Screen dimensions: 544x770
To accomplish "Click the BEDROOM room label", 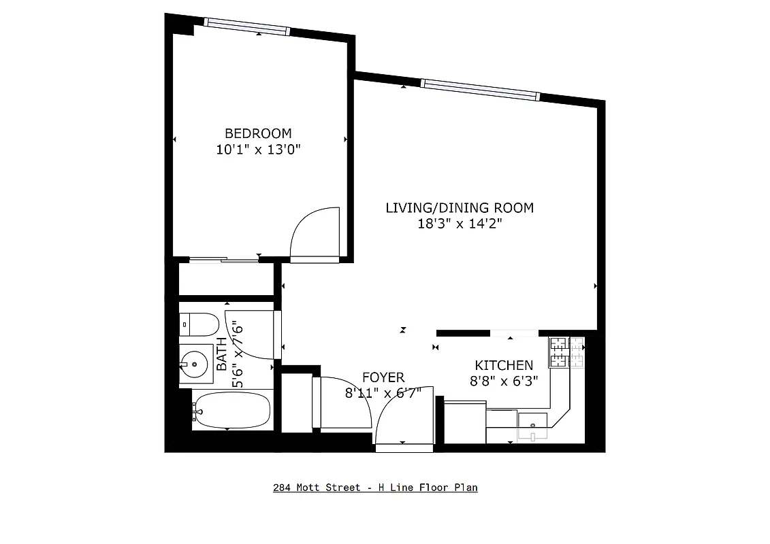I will pyautogui.click(x=258, y=133).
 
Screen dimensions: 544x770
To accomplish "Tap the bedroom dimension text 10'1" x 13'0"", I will pyautogui.click(x=258, y=150).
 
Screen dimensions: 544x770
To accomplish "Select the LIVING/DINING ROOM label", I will pyautogui.click(x=460, y=207).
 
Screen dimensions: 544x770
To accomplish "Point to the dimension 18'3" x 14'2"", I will pyautogui.click(x=460, y=223).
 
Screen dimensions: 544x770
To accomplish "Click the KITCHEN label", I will pyautogui.click(x=504, y=366).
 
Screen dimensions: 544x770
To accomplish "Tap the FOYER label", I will pyautogui.click(x=383, y=377).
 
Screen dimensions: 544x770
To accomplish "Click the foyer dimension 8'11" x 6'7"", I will pyautogui.click(x=383, y=392).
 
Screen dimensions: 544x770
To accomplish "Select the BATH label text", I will pyautogui.click(x=222, y=354).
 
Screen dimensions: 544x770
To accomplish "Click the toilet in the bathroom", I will pyautogui.click(x=199, y=324).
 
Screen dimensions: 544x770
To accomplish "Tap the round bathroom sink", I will pyautogui.click(x=194, y=364).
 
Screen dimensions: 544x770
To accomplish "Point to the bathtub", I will pyautogui.click(x=231, y=411).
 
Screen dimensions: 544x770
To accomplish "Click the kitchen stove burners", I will pyautogui.click(x=566, y=352).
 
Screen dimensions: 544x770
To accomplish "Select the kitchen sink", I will pyautogui.click(x=532, y=426).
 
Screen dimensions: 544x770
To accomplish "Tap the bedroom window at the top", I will pyautogui.click(x=248, y=27).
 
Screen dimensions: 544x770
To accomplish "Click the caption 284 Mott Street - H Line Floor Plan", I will pyautogui.click(x=375, y=488).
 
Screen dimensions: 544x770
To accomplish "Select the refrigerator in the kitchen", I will pyautogui.click(x=464, y=422).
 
